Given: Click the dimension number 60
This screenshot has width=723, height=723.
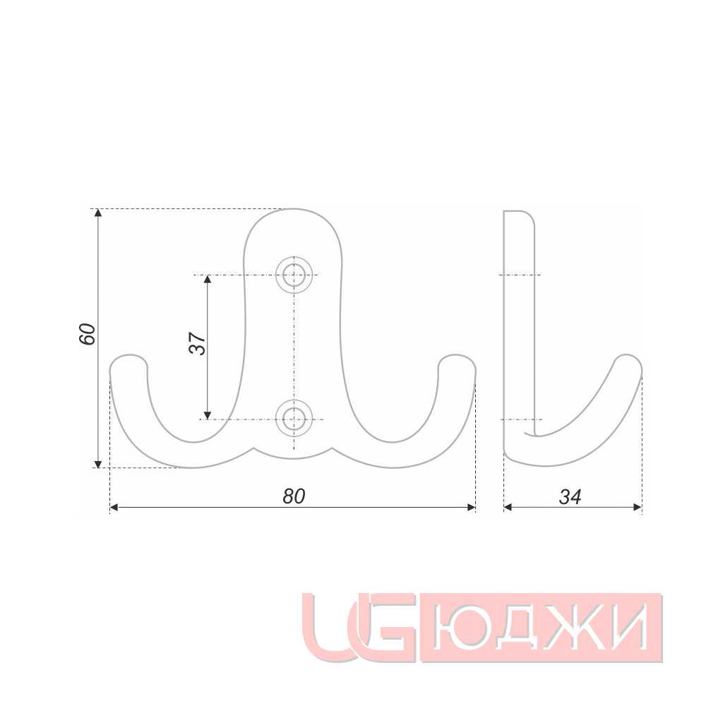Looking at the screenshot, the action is tap(88, 334).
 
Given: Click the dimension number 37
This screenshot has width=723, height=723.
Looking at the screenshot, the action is tap(198, 343).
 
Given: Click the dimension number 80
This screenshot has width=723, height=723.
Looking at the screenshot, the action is tap(294, 496).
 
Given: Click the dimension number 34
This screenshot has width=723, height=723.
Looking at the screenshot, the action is tap(570, 496).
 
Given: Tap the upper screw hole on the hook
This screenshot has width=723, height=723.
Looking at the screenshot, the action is tap(294, 275).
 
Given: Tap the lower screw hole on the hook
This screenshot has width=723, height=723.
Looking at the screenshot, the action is tap(294, 419).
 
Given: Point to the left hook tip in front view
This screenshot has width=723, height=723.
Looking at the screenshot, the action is tap(129, 356).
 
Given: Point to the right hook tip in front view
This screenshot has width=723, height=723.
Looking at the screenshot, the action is tap(457, 356).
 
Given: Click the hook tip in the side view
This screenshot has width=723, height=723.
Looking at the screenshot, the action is tap(628, 355).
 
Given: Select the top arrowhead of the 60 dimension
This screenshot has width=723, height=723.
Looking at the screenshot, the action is tap(97, 213).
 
